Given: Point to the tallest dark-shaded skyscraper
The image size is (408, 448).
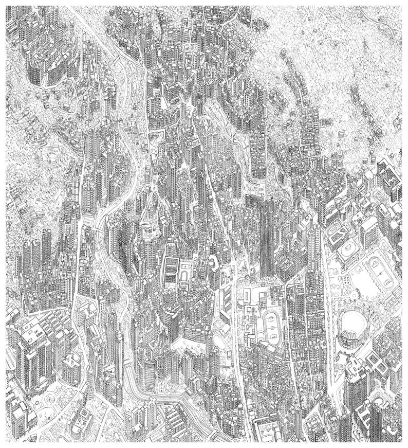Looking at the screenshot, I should (x=267, y=237).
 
